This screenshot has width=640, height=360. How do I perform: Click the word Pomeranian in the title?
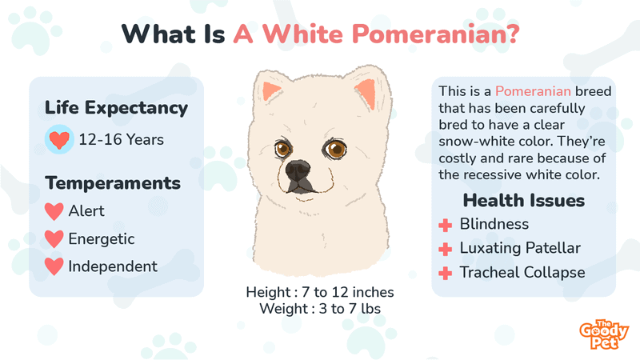(x=435, y=34)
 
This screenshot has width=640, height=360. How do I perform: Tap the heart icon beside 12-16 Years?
(x=59, y=139)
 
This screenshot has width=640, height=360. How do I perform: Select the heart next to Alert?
(x=54, y=211)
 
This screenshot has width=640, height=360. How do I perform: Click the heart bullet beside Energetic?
(x=54, y=238)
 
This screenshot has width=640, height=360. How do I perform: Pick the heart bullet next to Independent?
(x=54, y=266)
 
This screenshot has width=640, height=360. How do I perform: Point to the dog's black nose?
(x=298, y=170)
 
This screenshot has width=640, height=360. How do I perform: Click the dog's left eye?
(x=282, y=149)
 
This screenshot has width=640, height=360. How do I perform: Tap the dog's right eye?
(x=335, y=150)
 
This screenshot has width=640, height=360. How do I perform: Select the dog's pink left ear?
(x=270, y=91)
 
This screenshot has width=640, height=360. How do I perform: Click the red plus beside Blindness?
(x=446, y=225)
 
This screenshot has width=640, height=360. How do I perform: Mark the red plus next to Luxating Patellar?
(x=446, y=249)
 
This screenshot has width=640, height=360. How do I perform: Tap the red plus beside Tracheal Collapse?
(x=446, y=273)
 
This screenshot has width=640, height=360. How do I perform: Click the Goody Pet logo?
(x=604, y=334)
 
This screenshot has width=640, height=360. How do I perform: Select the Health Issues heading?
(x=524, y=201)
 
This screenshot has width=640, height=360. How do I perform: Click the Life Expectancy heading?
(x=116, y=108)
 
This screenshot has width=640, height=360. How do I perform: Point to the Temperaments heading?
(x=113, y=183)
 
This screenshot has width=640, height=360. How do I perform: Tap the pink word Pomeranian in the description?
(x=533, y=91)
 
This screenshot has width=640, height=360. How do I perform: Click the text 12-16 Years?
(x=122, y=139)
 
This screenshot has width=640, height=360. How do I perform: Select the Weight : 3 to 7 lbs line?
(x=320, y=309)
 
